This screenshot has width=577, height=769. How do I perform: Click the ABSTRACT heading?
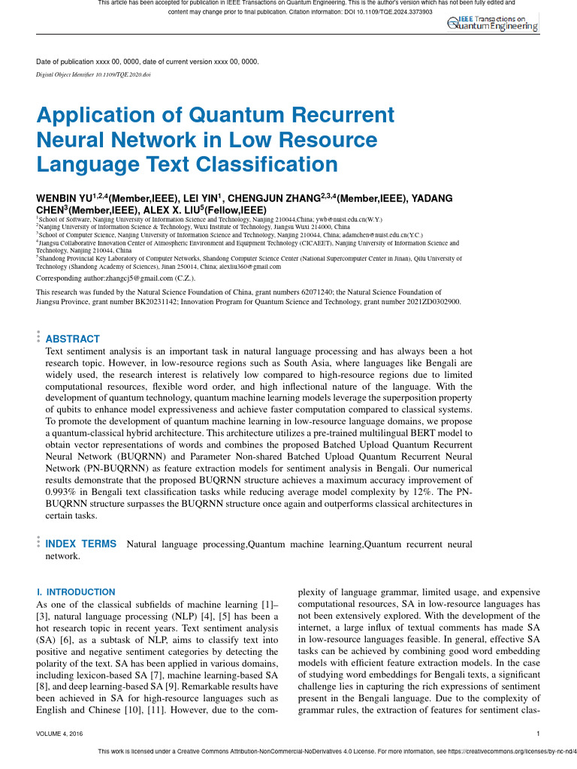click(x=73, y=339)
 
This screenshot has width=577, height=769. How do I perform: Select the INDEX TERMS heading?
click(x=81, y=544)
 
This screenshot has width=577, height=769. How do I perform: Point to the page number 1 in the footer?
click(x=539, y=733)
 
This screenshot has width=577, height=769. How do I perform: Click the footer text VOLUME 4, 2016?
click(x=59, y=733)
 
